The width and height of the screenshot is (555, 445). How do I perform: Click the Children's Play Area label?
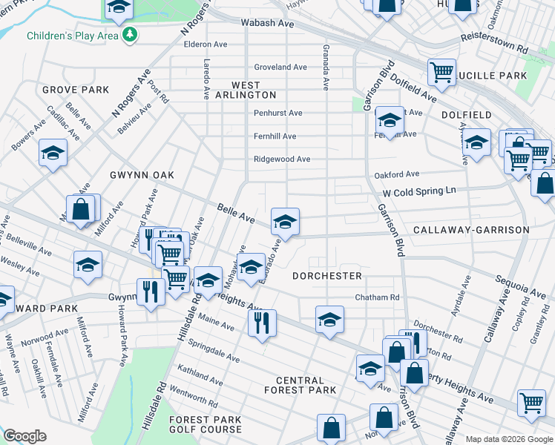point(73,35)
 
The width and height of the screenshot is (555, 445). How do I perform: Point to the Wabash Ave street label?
point(267,23)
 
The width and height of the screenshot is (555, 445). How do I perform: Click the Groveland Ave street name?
point(280,67)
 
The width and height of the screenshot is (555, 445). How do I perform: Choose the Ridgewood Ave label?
point(282,159)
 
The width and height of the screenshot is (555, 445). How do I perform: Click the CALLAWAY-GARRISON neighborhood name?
point(471,230)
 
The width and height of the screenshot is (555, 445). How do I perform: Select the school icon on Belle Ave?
point(285,221)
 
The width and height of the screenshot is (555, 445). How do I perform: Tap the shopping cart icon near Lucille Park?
point(441,72)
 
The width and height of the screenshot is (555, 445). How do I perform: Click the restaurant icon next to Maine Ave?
point(262,323)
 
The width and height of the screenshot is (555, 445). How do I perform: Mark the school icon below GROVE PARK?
point(53,153)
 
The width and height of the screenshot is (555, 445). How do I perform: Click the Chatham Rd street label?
point(377,297)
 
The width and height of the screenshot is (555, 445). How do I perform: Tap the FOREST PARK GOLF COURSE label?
point(205,424)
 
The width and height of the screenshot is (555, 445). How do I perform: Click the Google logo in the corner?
point(24,436)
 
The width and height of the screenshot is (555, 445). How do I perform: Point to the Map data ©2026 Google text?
point(508,439)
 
